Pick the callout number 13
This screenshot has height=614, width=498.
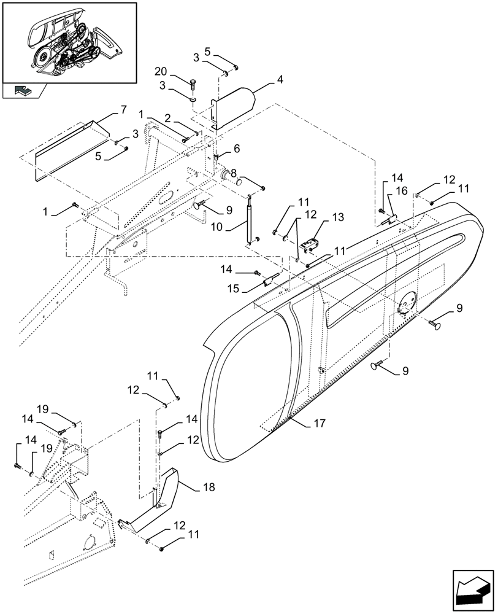338,218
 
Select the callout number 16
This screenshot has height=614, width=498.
401,192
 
